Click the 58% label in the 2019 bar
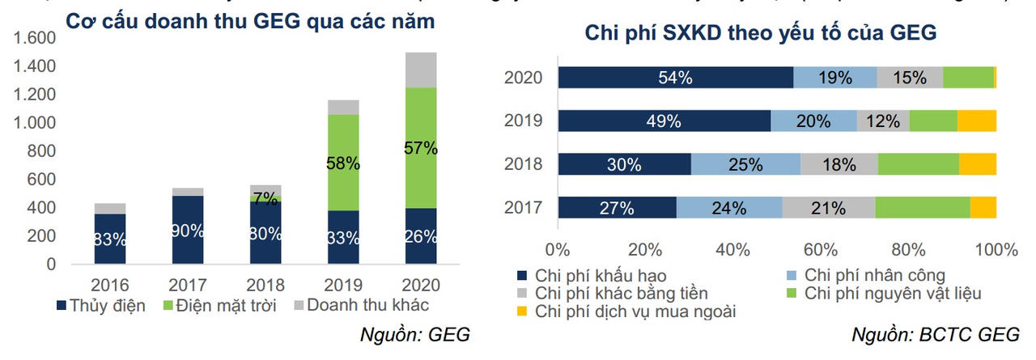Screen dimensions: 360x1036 coord(343,163)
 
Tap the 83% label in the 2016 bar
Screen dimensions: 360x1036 coord(110,239)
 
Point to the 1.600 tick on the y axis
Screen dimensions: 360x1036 coord(35,37)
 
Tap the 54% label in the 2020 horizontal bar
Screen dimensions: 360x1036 coord(675,78)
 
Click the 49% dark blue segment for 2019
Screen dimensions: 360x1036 coord(664,121)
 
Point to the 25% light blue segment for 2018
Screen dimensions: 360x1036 coord(746,164)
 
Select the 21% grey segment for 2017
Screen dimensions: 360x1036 coord(828,208)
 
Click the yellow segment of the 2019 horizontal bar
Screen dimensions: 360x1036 coord(976,121)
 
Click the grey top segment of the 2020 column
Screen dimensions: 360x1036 coord(421,70)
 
